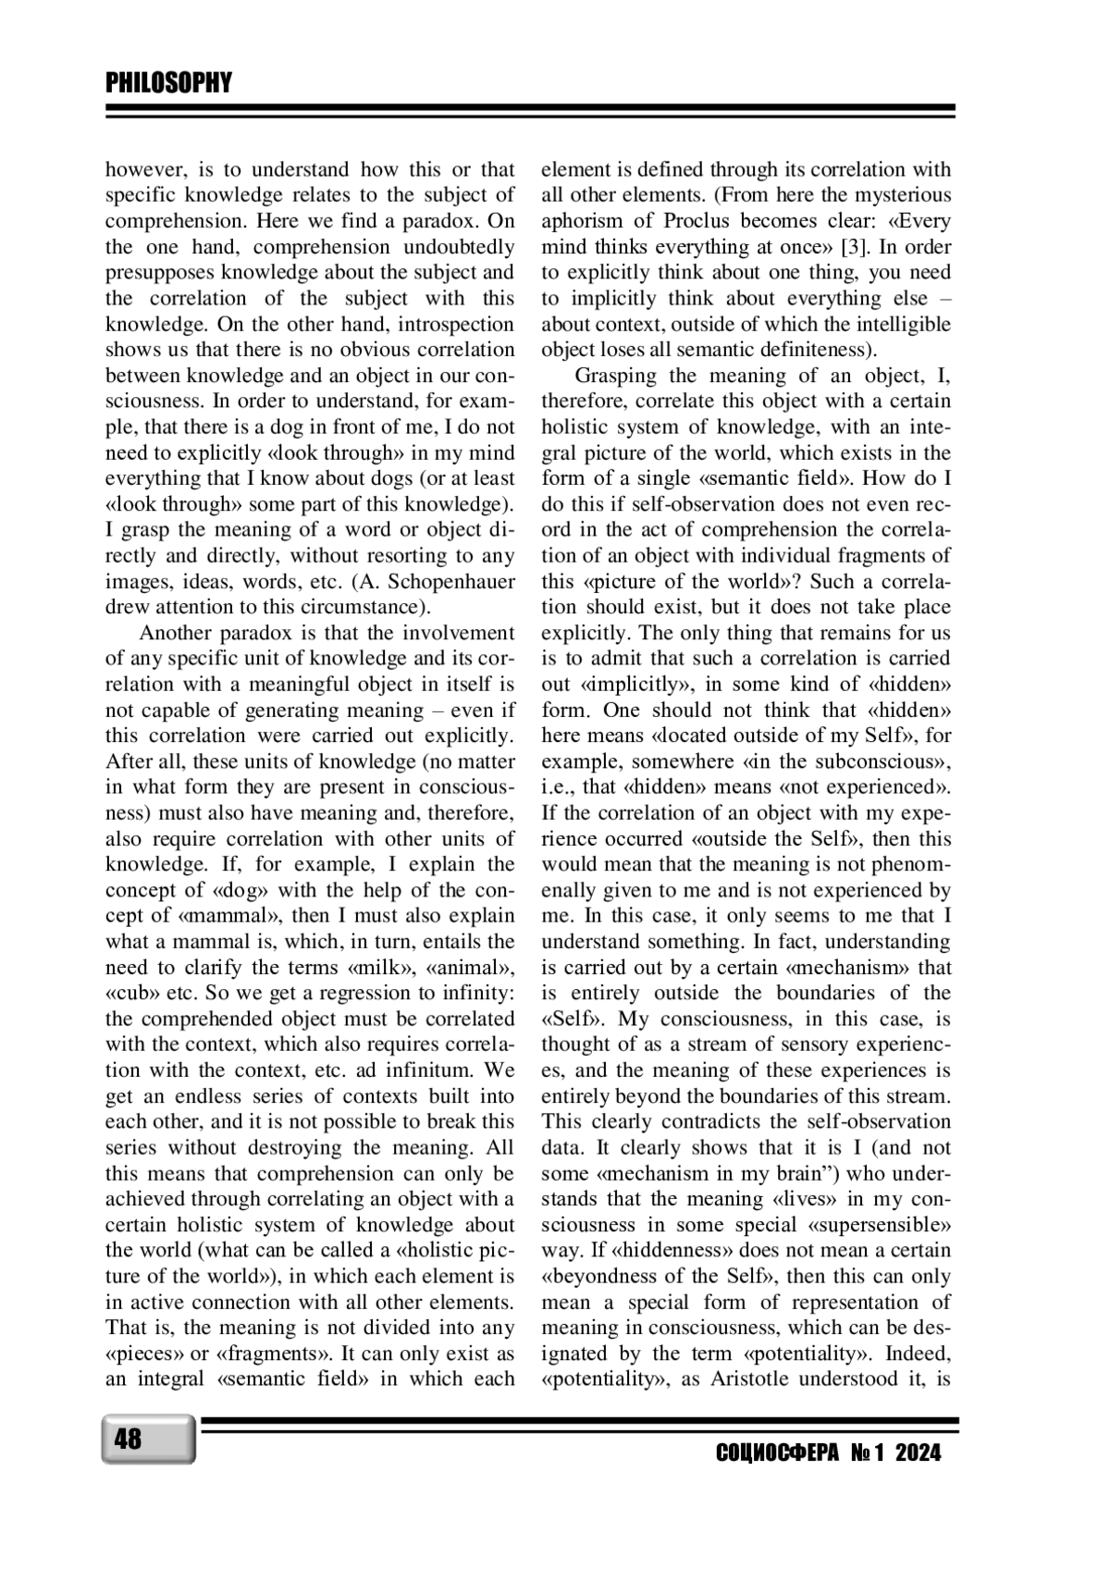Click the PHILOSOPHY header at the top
(x=168, y=83)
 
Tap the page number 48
(x=129, y=1440)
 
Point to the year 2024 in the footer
(x=918, y=1453)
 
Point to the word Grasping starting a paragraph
(x=616, y=376)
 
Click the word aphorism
(x=584, y=221)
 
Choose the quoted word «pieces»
(x=140, y=1354)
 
